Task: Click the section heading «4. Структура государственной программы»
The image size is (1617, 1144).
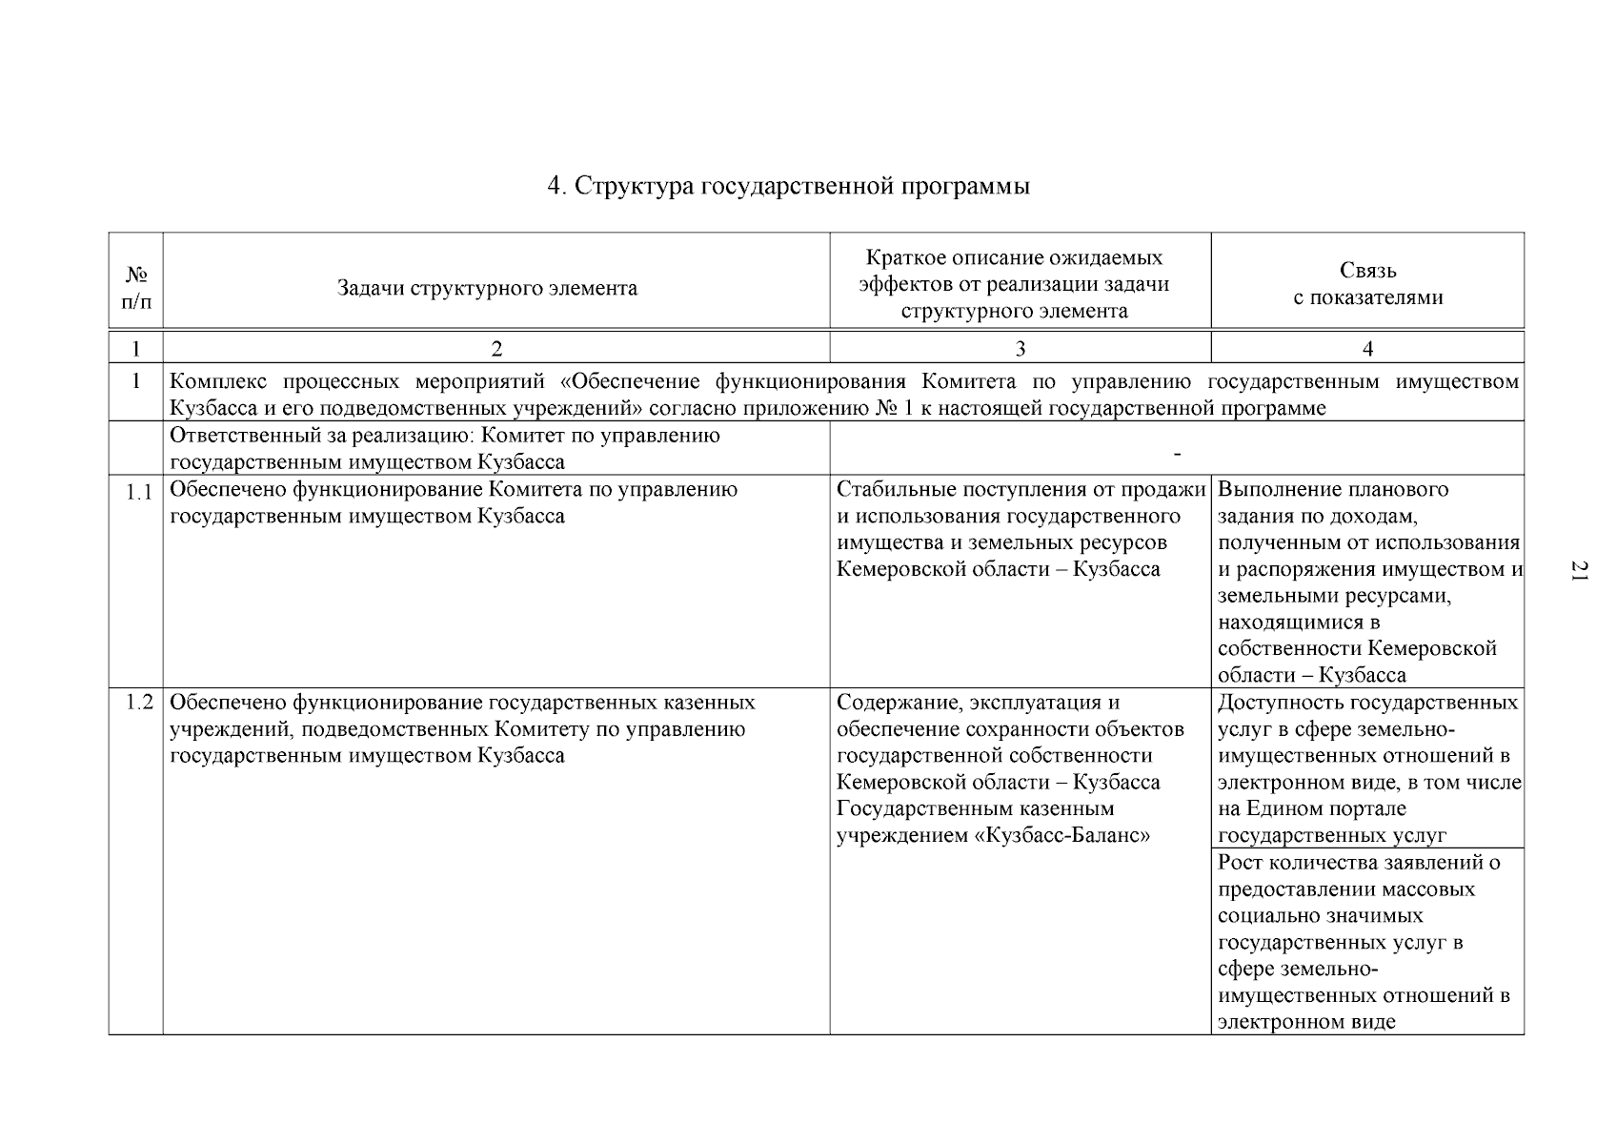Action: coord(788,186)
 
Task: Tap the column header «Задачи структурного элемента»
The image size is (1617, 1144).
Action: coord(487,288)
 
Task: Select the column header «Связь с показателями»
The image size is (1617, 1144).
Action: coord(1367,284)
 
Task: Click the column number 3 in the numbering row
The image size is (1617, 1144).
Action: coord(1020,349)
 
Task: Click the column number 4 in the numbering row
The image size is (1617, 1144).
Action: coord(1367,349)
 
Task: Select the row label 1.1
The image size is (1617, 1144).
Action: coord(139,492)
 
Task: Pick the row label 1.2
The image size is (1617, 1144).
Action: coord(139,704)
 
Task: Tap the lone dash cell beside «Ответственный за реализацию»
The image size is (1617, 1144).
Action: coord(1178,455)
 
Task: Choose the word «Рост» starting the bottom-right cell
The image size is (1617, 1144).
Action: coord(1241,863)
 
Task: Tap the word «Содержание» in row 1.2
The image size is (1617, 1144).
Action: coord(893,704)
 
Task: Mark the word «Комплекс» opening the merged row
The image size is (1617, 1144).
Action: coord(220,382)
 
